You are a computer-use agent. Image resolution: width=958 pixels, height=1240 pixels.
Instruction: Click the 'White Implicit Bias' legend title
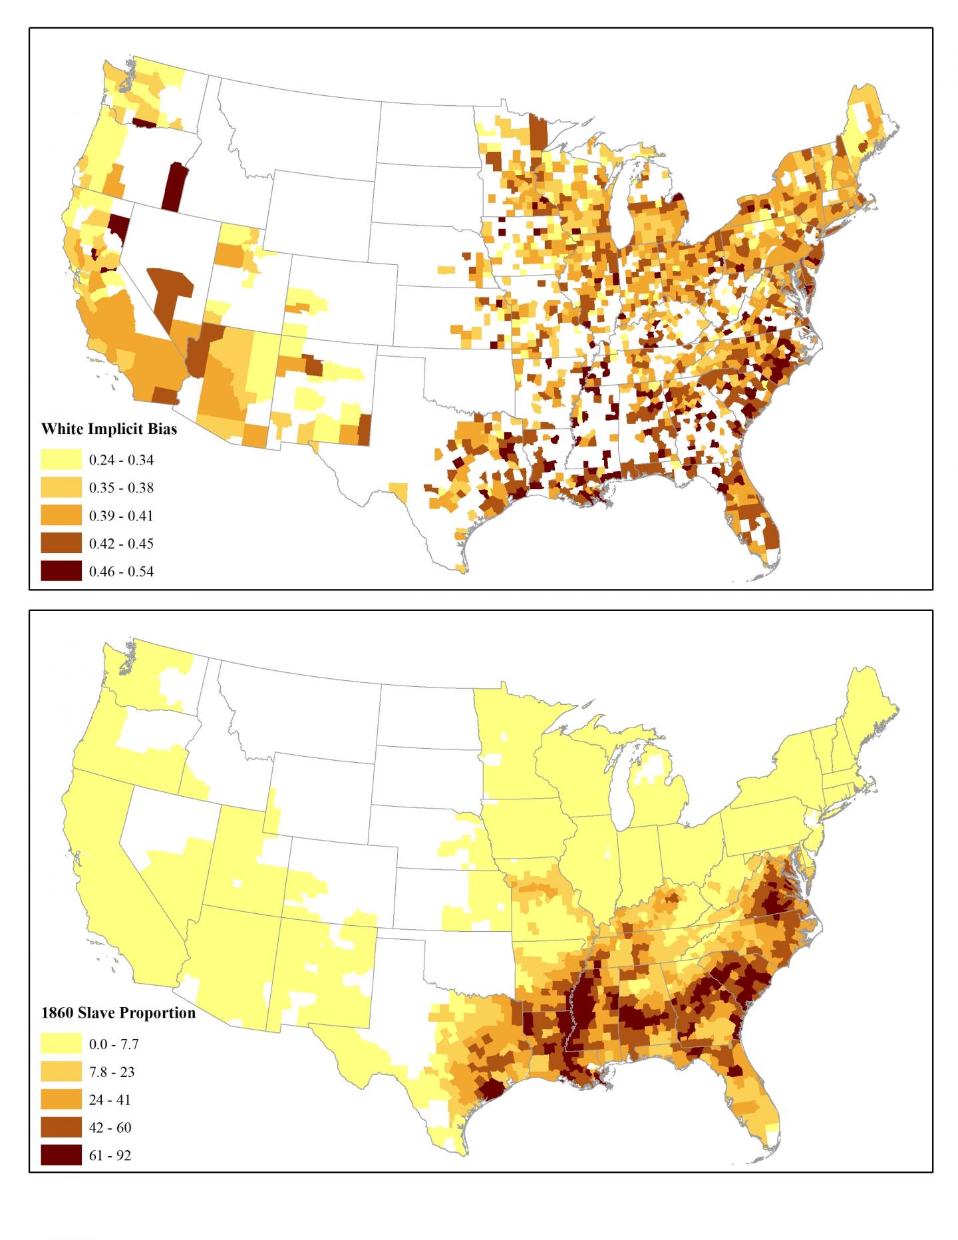tap(109, 429)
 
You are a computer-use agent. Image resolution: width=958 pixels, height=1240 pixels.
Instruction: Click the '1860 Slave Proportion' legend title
tap(118, 1013)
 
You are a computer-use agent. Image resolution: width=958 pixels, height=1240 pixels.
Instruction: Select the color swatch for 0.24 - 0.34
tap(61, 459)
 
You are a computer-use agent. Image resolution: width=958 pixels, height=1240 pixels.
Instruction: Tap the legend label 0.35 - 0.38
tap(121, 488)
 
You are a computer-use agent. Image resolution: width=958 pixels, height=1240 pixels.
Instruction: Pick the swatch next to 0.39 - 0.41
tap(61, 515)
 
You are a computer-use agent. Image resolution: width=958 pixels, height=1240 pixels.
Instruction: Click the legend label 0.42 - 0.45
tap(121, 544)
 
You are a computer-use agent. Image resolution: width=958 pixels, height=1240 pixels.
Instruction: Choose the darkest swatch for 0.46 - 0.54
tap(61, 571)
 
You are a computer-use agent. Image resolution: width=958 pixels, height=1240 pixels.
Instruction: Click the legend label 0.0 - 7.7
tap(114, 1044)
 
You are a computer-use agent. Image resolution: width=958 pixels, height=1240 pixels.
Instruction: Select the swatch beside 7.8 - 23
tap(61, 1072)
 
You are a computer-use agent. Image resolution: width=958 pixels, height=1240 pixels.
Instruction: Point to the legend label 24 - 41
tap(110, 1100)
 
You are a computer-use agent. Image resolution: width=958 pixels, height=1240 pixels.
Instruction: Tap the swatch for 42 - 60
tap(61, 1128)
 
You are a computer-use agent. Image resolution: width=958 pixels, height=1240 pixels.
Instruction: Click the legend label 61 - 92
tap(110, 1155)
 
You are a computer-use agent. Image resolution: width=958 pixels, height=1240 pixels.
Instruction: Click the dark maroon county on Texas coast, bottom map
tap(492, 1090)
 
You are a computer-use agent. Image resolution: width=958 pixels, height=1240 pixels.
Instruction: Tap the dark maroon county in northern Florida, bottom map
tap(735, 1071)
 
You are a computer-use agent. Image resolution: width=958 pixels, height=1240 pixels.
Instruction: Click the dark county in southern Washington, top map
tap(144, 122)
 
